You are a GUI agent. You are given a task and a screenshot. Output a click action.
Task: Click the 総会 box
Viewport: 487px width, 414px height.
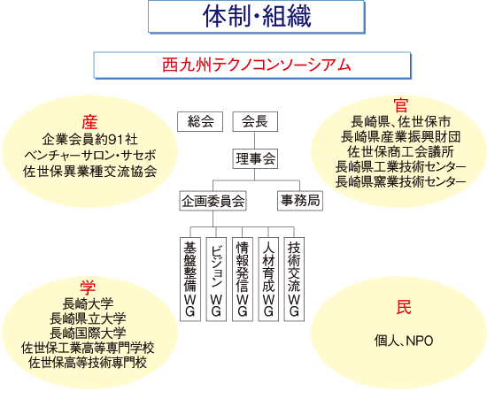[x=200, y=121]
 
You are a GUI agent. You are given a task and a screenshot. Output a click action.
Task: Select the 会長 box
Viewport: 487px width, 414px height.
[x=255, y=121]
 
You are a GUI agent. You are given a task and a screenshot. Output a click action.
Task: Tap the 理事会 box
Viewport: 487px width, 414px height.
[x=255, y=159]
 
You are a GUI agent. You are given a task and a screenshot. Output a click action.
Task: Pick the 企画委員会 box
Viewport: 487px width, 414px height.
[x=213, y=201]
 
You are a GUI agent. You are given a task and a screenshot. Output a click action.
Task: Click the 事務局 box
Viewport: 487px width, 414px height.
[x=300, y=201]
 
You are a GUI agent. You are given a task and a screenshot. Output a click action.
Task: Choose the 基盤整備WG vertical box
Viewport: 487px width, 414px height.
[x=190, y=280]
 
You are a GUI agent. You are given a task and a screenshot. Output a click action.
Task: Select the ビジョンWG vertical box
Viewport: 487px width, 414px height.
[x=216, y=280]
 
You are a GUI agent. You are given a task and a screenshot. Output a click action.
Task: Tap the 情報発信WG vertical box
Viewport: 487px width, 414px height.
[x=243, y=280]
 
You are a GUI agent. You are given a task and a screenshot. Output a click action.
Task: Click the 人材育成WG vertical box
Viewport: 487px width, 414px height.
[x=268, y=280]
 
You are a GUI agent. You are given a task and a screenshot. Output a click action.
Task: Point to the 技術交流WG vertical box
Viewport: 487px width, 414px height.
[x=294, y=280]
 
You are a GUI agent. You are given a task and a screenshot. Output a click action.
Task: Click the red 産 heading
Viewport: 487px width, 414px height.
[x=89, y=122]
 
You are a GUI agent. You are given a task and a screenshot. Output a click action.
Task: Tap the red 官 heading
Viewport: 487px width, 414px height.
[x=400, y=105]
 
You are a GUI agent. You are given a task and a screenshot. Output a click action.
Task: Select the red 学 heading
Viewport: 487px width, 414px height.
[x=88, y=287]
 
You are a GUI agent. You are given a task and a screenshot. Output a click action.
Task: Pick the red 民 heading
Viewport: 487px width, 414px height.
[x=404, y=307]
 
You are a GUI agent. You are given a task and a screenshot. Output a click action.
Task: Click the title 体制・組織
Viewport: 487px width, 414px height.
[x=257, y=17]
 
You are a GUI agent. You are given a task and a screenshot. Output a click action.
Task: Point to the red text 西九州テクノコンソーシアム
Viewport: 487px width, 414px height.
[x=257, y=65]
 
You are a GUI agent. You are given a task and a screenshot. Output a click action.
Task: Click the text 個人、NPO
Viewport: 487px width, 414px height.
[x=404, y=341]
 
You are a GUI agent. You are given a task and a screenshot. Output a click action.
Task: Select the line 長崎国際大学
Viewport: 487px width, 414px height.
[x=88, y=333]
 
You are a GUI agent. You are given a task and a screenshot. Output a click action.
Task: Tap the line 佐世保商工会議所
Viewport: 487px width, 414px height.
[x=400, y=152]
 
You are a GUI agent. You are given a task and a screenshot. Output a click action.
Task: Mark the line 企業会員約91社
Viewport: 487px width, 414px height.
[x=89, y=140]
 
